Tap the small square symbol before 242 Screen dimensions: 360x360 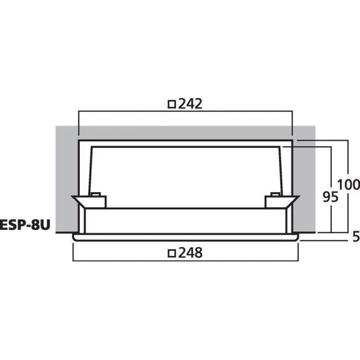(x=172, y=104)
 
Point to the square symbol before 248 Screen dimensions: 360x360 (x=172, y=253)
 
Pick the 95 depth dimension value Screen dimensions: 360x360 (x=330, y=196)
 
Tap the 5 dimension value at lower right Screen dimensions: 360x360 (x=356, y=236)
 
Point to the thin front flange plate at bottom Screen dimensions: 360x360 (x=186, y=236)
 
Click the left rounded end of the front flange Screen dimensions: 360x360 (x=75, y=237)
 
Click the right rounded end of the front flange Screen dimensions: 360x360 (x=297, y=237)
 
